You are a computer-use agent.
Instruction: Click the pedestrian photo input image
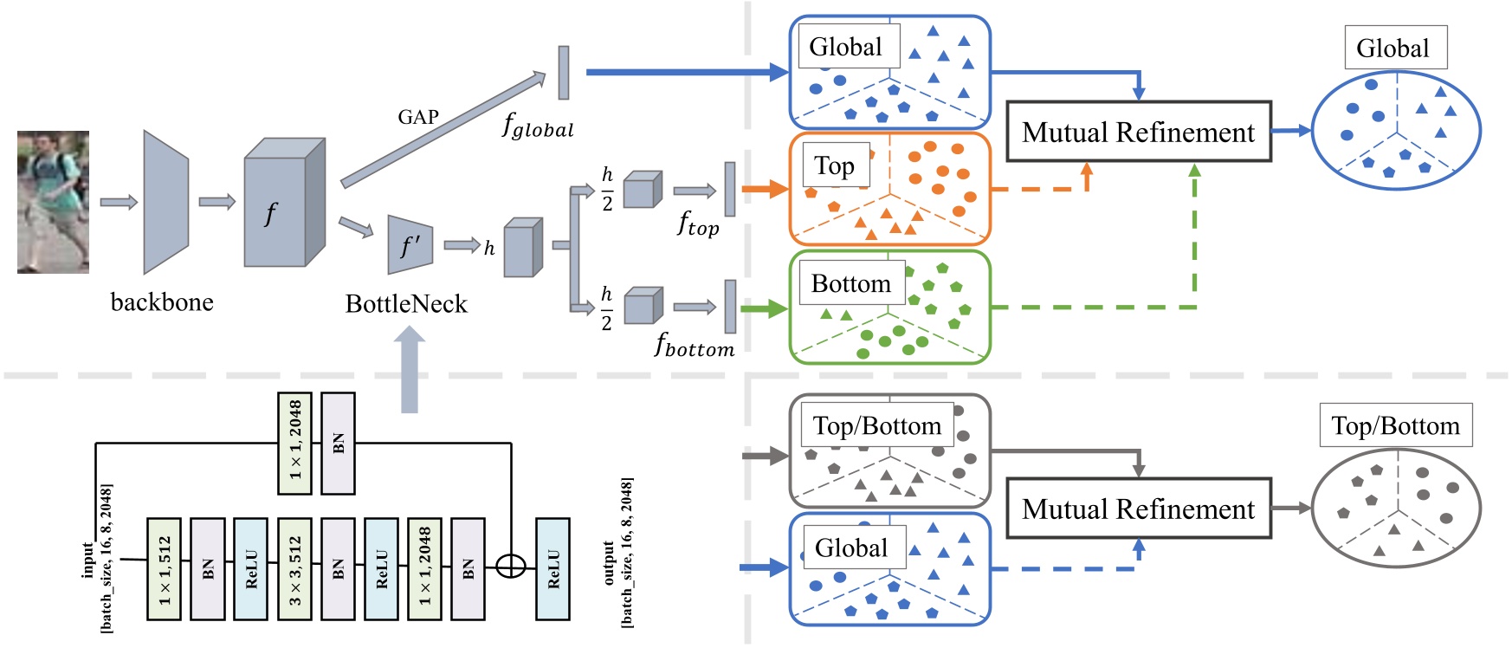click(53, 202)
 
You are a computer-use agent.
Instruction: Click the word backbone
click(162, 302)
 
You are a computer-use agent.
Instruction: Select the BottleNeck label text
click(406, 304)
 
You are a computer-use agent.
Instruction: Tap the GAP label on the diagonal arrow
click(418, 117)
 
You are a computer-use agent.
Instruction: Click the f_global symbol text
click(537, 126)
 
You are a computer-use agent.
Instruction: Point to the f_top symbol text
click(698, 224)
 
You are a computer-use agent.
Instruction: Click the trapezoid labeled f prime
click(410, 245)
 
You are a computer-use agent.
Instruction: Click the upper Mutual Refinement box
click(1138, 132)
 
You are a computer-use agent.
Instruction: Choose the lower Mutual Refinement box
click(1138, 509)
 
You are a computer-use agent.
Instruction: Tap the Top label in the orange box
click(835, 165)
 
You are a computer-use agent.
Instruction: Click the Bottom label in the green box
click(851, 283)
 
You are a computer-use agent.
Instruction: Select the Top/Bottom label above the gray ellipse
click(1395, 425)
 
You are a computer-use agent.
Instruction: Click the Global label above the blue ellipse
click(1393, 48)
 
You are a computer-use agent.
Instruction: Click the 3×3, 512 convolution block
click(294, 569)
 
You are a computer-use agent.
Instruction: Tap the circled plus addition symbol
click(511, 567)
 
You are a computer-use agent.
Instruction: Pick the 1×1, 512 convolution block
click(164, 569)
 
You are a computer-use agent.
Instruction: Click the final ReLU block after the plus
click(552, 569)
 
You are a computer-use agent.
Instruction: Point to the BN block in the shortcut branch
click(338, 443)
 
